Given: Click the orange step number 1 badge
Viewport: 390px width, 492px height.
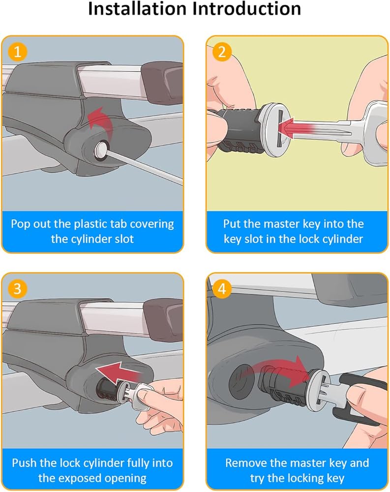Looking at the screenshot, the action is [x=18, y=52].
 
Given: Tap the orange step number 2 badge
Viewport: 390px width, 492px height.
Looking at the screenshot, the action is [x=222, y=52].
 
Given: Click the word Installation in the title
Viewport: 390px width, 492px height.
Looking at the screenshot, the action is [x=137, y=8].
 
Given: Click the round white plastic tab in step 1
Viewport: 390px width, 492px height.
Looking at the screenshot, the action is [x=101, y=150].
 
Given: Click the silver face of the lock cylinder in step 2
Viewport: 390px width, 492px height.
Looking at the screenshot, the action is [x=276, y=128].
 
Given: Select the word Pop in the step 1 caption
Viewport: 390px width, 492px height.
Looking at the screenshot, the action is [x=21, y=224].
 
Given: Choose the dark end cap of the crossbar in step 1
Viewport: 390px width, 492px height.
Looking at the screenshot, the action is [x=162, y=82].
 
